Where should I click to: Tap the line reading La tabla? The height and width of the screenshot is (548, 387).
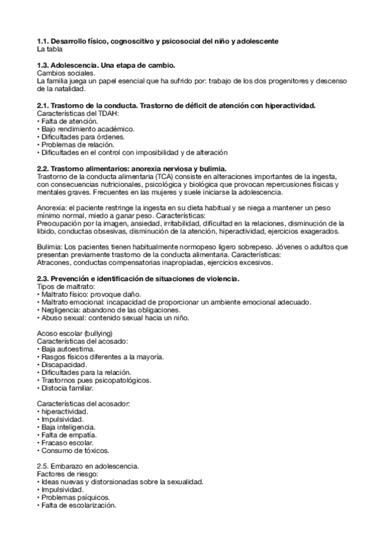(x=50, y=48)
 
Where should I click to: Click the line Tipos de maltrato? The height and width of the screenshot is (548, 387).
(x=66, y=286)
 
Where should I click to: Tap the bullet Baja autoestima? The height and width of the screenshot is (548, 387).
(x=68, y=349)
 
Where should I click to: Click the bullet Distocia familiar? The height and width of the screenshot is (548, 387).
(x=67, y=388)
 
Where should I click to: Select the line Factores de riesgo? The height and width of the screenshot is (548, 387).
(x=67, y=474)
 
